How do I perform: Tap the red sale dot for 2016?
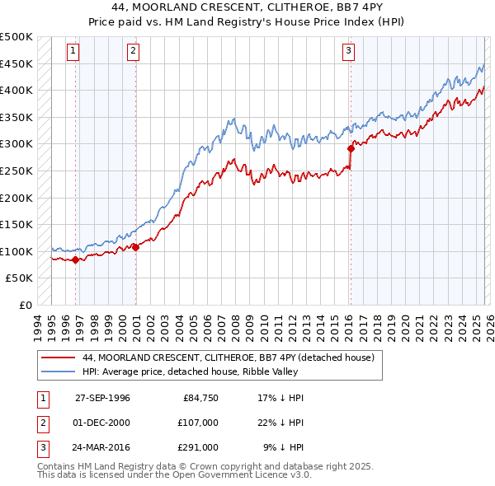pyautogui.click(x=351, y=149)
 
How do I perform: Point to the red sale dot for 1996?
pyautogui.click(x=75, y=259)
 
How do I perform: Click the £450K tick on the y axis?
pyautogui.click(x=16, y=63)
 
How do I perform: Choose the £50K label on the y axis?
pyautogui.click(x=20, y=278)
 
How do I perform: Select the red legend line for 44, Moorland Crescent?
pyautogui.click(x=59, y=358)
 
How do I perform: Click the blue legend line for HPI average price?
pyautogui.click(x=59, y=372)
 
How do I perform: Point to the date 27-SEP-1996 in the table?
pyautogui.click(x=102, y=398)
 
